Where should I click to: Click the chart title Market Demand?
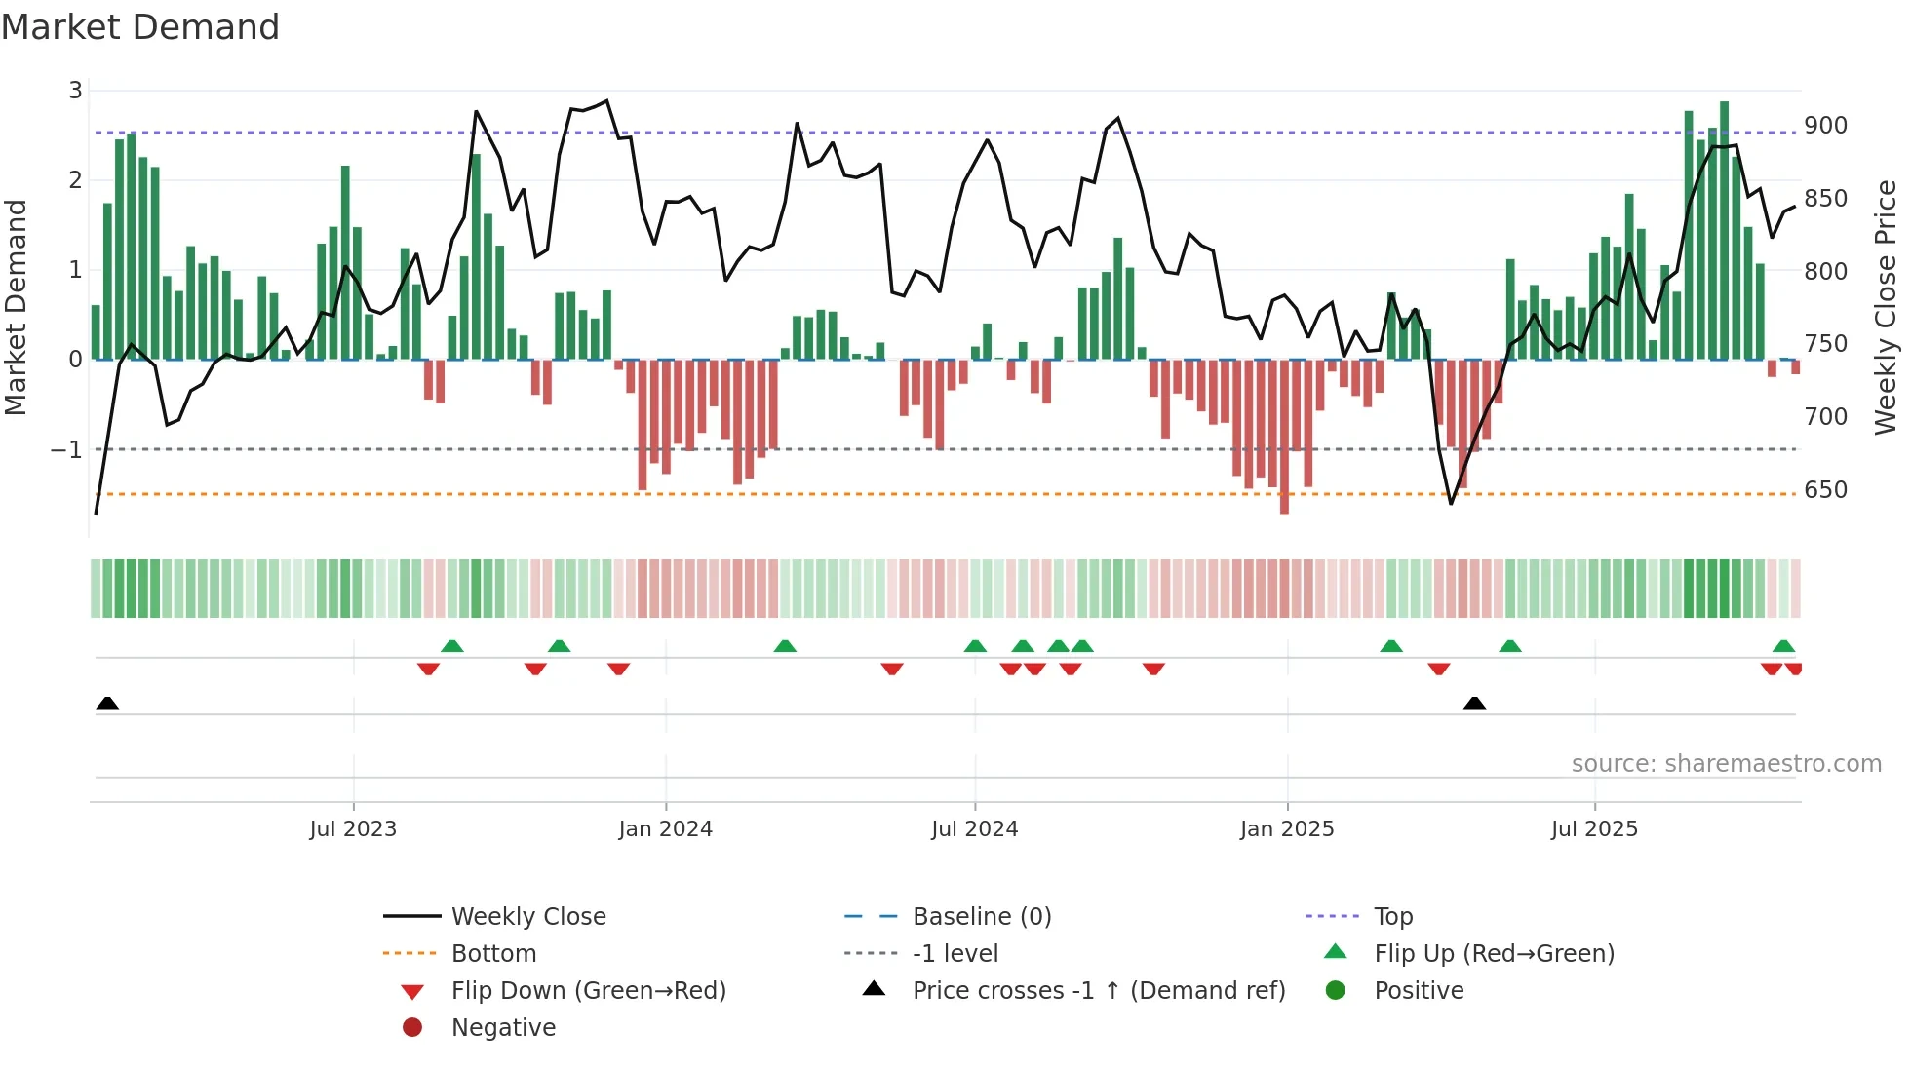(140, 27)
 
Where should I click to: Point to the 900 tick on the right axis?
(1825, 126)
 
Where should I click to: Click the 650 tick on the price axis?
(1825, 490)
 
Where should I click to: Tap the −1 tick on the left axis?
(66, 450)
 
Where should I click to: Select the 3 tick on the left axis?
(75, 91)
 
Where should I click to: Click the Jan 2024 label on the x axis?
(665, 829)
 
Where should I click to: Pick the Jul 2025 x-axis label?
(1594, 829)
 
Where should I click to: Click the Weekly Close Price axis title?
(1886, 307)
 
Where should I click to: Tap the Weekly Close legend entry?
(527, 917)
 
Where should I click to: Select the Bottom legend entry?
(493, 954)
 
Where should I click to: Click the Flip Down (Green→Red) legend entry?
(588, 991)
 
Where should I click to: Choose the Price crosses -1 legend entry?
(1098, 991)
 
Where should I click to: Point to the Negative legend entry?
(503, 1028)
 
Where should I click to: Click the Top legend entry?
(1392, 917)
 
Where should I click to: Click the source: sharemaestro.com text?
(1726, 764)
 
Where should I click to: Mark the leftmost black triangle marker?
(107, 704)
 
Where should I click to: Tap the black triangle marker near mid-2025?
(1474, 704)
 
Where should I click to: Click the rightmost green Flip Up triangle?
(1783, 646)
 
